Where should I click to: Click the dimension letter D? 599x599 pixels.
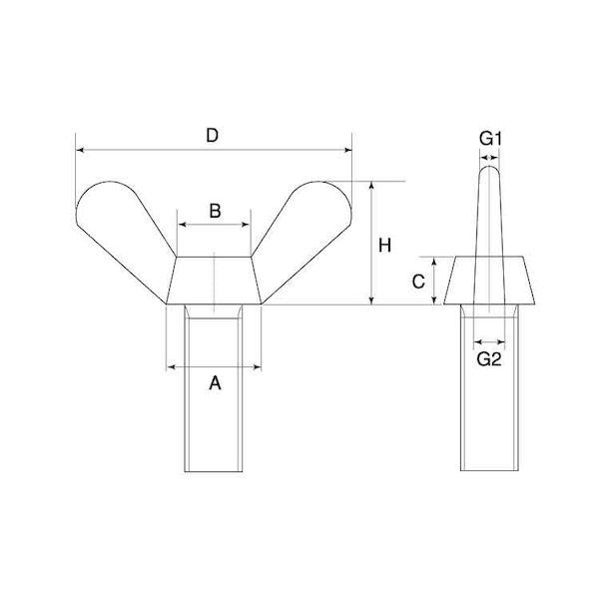pyautogui.click(x=212, y=136)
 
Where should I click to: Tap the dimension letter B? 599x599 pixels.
pyautogui.click(x=215, y=211)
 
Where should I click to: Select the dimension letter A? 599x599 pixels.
pyautogui.click(x=215, y=382)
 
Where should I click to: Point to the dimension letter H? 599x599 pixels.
pyautogui.click(x=384, y=246)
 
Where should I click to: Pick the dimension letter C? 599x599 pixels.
pyautogui.click(x=418, y=282)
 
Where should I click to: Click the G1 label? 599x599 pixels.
pyautogui.click(x=490, y=139)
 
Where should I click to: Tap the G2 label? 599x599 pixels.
pyautogui.click(x=489, y=359)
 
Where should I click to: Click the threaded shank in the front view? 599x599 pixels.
pyautogui.click(x=214, y=388)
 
